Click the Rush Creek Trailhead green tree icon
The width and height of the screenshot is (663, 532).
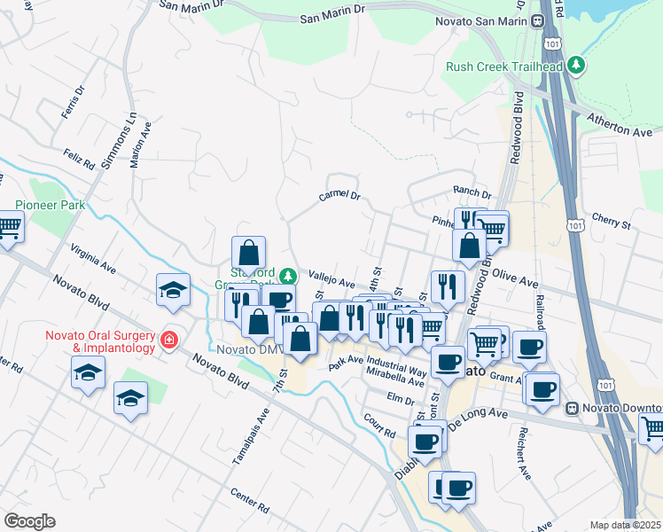(x=577, y=65)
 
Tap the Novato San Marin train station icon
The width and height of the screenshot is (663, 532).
(x=538, y=20)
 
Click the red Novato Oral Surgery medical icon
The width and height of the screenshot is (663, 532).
(x=168, y=340)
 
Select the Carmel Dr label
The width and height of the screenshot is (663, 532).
(x=340, y=196)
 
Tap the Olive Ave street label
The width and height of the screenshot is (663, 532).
(x=515, y=280)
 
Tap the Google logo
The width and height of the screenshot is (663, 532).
(x=29, y=521)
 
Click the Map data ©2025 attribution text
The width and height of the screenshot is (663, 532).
(x=625, y=525)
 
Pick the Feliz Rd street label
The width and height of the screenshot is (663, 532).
(x=78, y=160)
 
